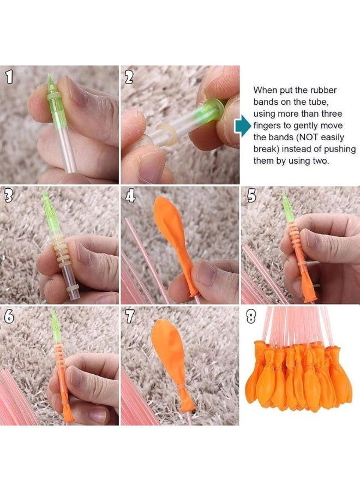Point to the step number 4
130,196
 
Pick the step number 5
250,196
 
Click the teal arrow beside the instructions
242,126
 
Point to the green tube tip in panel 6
56,324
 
